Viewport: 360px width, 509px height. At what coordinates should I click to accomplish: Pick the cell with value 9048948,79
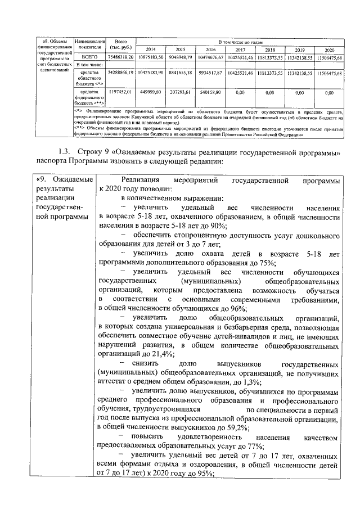(x=181, y=57)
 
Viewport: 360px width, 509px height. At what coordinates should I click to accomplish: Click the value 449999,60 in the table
(x=152, y=91)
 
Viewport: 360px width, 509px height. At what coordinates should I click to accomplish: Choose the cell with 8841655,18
(x=181, y=73)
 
